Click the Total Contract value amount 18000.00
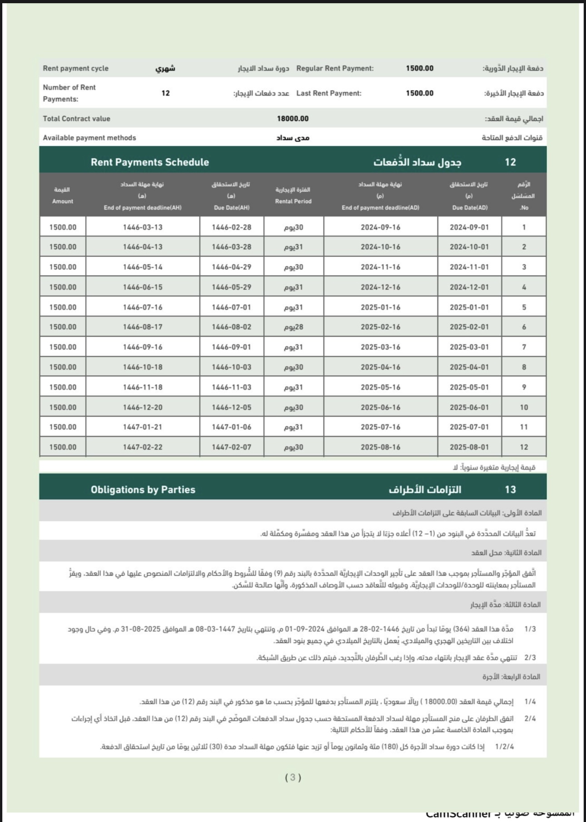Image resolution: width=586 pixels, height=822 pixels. point(293,119)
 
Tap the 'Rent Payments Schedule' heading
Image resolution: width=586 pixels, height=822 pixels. point(149,162)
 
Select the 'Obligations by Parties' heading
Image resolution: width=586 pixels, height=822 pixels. point(143,489)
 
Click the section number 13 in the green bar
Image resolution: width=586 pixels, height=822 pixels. point(510,489)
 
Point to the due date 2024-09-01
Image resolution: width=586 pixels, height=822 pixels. point(469,227)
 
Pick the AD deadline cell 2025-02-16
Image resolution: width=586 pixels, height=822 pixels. point(380,327)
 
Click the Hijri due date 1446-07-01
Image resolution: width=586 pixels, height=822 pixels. point(231,307)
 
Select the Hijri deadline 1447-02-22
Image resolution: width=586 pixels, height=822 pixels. point(142,447)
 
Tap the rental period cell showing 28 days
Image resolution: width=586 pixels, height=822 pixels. point(293,327)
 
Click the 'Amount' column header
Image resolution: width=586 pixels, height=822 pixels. point(62,201)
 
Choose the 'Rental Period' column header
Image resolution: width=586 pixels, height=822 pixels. point(293,201)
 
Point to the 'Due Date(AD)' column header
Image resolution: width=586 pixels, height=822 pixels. point(470,208)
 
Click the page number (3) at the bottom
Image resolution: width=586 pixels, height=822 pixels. point(293,777)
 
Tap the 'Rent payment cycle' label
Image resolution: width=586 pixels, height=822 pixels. point(75,68)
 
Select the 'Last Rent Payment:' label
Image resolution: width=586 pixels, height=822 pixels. point(328,93)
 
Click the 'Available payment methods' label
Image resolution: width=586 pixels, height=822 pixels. point(89,138)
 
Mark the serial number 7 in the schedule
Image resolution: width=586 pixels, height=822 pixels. point(524,347)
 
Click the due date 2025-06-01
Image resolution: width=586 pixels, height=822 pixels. point(469,407)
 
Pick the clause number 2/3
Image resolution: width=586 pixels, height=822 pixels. point(530,658)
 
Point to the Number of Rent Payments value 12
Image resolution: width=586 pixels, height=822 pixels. point(165,93)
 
